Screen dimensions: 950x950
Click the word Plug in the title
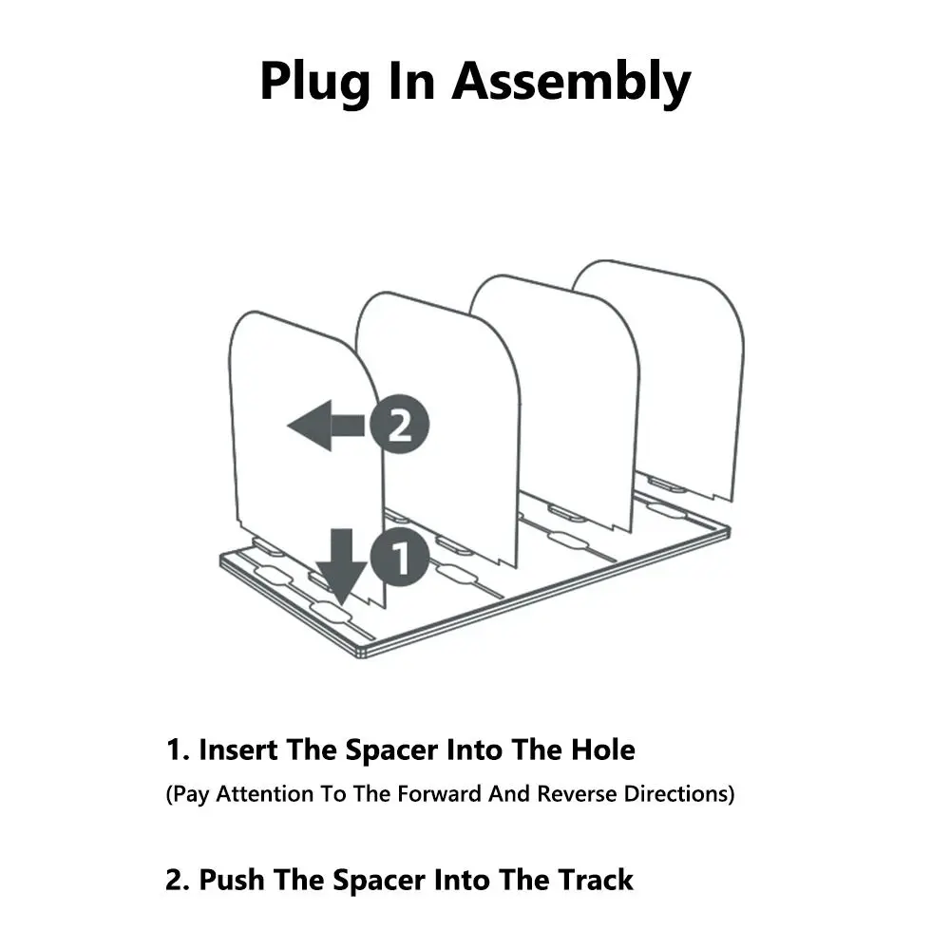[314, 82]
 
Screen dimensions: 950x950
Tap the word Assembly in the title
[571, 82]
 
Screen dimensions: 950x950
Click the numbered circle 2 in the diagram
[399, 424]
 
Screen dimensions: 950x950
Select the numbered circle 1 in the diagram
[400, 557]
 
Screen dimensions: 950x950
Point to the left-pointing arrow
[326, 426]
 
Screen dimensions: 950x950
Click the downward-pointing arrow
[342, 566]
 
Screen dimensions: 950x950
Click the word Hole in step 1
[603, 750]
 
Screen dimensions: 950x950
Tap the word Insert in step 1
[238, 750]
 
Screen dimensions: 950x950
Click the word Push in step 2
[232, 880]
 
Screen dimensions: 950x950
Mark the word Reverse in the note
[577, 793]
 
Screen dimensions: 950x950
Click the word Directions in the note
[676, 793]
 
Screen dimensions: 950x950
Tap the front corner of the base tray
[362, 655]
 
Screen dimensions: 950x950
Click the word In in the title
[411, 82]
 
